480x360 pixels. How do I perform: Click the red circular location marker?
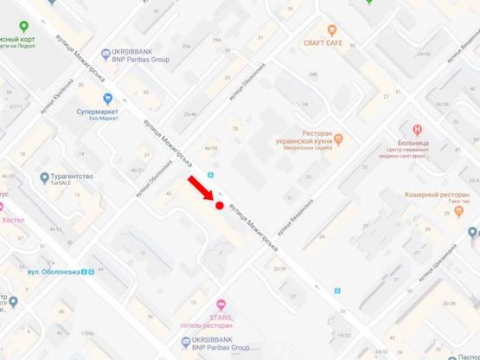[220, 206]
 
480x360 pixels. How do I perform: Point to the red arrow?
[203, 189]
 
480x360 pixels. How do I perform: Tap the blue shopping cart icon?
[108, 99]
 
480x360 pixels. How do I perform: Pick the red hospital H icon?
[418, 129]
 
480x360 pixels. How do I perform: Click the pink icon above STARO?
[221, 304]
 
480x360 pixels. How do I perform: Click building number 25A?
[186, 46]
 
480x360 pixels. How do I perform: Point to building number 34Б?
[313, 75]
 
